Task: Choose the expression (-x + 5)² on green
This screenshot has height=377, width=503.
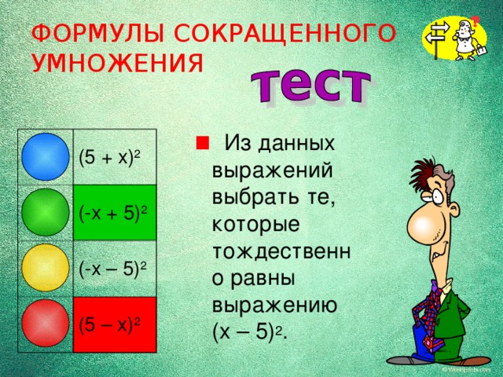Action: point(115,213)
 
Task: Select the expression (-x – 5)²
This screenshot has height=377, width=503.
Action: point(115,269)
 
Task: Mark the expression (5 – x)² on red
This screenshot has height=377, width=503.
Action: point(110,324)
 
